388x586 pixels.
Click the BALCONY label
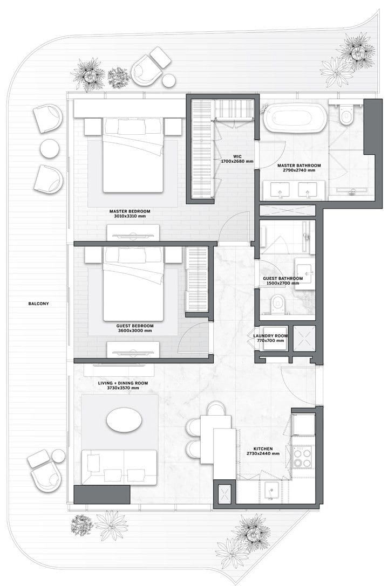pyautogui.click(x=38, y=304)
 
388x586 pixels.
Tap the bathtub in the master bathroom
pyautogui.click(x=295, y=118)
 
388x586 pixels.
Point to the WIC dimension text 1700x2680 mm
pyautogui.click(x=237, y=161)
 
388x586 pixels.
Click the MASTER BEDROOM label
pyautogui.click(x=130, y=211)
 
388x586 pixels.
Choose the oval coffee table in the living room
pyautogui.click(x=124, y=422)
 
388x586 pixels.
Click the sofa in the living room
pyautogui.click(x=119, y=467)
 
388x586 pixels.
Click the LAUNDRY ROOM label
pyautogui.click(x=270, y=336)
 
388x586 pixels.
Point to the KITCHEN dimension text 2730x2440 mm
pyautogui.click(x=263, y=453)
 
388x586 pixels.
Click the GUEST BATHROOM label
pyautogui.click(x=283, y=278)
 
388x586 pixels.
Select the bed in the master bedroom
pyautogui.click(x=134, y=155)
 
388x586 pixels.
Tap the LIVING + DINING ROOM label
pyautogui.click(x=122, y=383)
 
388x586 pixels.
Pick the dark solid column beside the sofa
pyautogui.click(x=102, y=494)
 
